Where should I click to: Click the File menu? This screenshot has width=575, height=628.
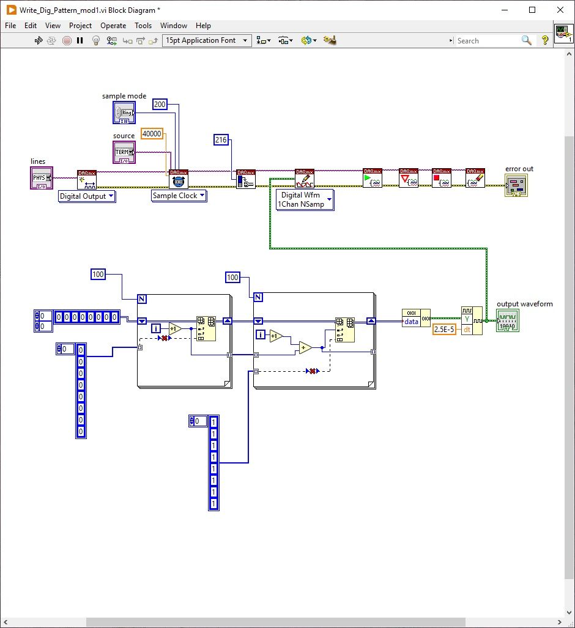pyautogui.click(x=10, y=26)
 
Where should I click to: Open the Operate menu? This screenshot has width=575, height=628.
pyautogui.click(x=113, y=26)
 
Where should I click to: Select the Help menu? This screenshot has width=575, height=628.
pyautogui.click(x=203, y=26)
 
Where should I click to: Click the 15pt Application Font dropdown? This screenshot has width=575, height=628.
pyautogui.click(x=207, y=40)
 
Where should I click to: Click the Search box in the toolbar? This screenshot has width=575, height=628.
pyautogui.click(x=487, y=40)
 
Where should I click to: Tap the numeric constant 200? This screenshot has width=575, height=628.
pyautogui.click(x=160, y=105)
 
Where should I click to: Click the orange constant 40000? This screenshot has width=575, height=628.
pyautogui.click(x=152, y=134)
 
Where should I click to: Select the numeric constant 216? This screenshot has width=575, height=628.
pyautogui.click(x=221, y=140)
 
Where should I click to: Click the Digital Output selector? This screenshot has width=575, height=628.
pyautogui.click(x=87, y=196)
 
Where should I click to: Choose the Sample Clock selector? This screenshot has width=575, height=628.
pyautogui.click(x=179, y=196)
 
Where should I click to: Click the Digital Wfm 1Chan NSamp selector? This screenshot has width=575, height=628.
pyautogui.click(x=305, y=200)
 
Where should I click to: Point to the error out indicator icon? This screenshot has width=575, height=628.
pyautogui.click(x=516, y=185)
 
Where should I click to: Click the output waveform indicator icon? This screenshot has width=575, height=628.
pyautogui.click(x=508, y=320)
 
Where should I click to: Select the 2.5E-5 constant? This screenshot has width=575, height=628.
pyautogui.click(x=444, y=330)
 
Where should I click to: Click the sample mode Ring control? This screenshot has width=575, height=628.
pyautogui.click(x=124, y=113)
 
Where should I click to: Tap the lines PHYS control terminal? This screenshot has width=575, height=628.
pyautogui.click(x=41, y=178)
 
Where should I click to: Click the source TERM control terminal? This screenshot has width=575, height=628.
pyautogui.click(x=124, y=152)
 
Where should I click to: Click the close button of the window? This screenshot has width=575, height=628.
pyautogui.click(x=560, y=10)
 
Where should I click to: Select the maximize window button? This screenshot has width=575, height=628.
pyautogui.click(x=532, y=10)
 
